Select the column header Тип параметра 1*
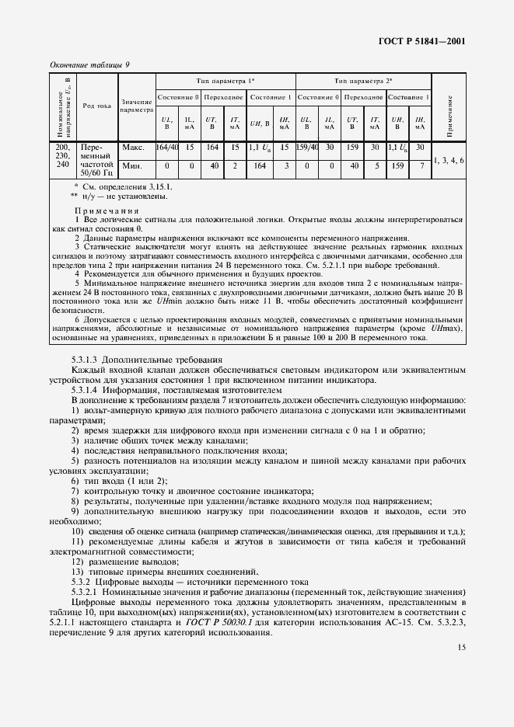click(x=225, y=81)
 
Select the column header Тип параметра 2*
click(x=363, y=81)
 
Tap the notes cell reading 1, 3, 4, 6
click(x=449, y=160)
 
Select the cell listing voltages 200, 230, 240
click(x=62, y=155)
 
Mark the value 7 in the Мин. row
click(x=421, y=165)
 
